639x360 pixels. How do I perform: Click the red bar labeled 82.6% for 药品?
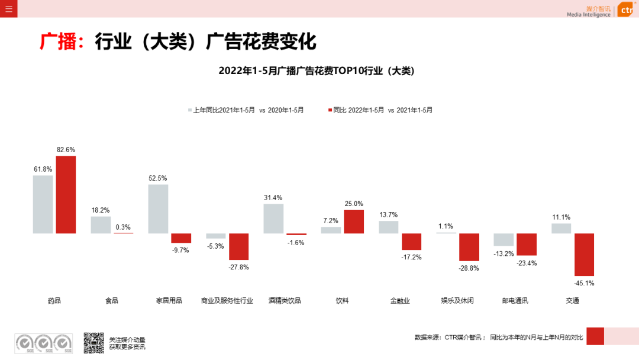[66, 195]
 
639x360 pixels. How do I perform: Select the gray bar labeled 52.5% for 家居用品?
[158, 209]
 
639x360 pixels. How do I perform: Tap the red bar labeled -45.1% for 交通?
[585, 255]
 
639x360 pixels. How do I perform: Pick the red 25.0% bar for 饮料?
[354, 221]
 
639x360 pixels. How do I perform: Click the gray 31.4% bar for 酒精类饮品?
[273, 218]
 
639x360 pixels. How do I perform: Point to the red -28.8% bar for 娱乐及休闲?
[469, 247]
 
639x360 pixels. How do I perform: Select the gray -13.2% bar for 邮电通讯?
[504, 240]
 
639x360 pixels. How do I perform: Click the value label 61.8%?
[43, 169]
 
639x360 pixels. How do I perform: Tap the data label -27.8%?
[239, 267]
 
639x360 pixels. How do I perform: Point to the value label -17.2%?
[411, 257]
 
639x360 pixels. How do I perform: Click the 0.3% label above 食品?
[123, 227]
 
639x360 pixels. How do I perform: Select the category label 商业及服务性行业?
[227, 301]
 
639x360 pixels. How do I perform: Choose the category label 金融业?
[400, 301]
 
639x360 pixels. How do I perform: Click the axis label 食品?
[112, 301]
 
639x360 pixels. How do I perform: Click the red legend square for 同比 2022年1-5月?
[330, 110]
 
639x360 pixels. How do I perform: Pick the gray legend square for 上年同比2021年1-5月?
[190, 110]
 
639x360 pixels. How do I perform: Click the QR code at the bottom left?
[93, 343]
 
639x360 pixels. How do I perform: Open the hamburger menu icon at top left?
[8, 8]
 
